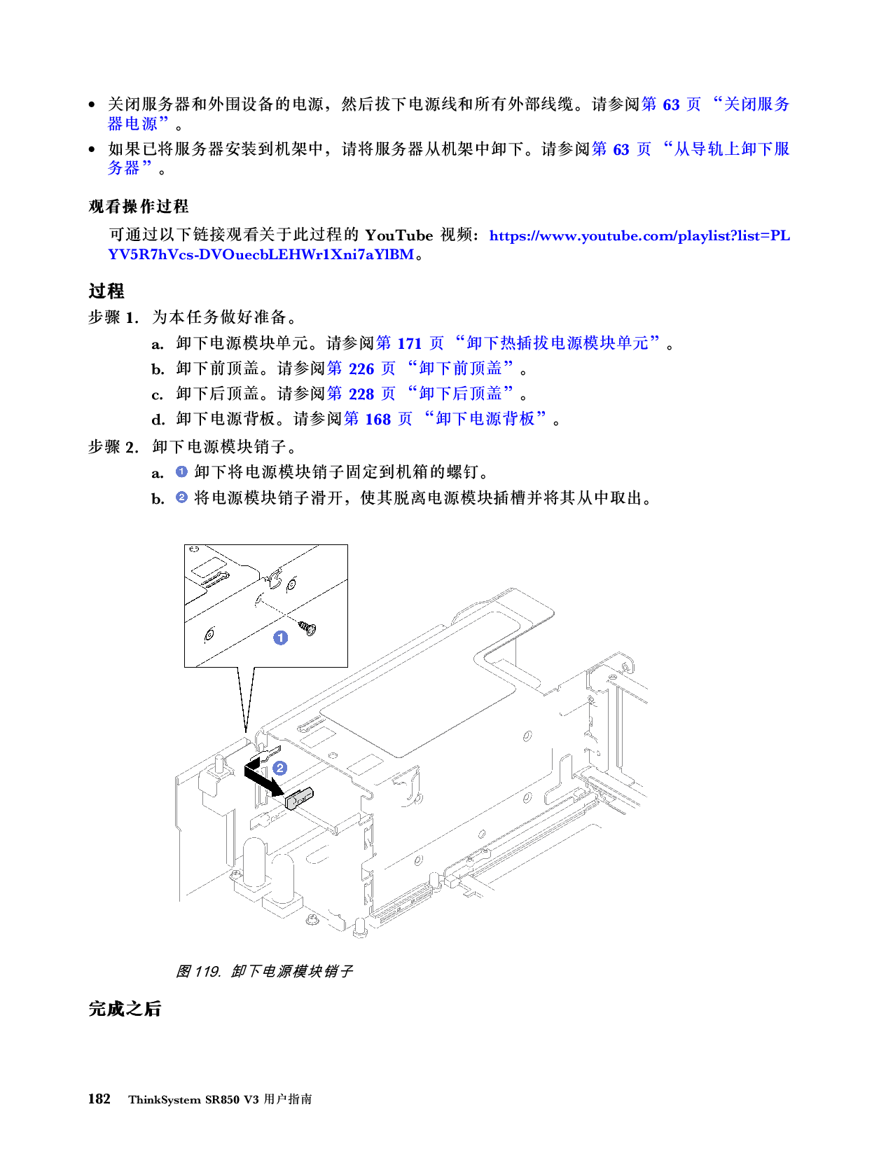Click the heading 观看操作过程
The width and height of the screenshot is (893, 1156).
pyautogui.click(x=139, y=207)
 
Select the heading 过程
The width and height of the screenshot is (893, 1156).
pyautogui.click(x=106, y=291)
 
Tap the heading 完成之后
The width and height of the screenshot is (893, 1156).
pyautogui.click(x=125, y=1009)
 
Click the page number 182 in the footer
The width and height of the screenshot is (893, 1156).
pyautogui.click(x=99, y=1099)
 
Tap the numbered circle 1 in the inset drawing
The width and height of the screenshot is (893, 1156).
pyautogui.click(x=280, y=638)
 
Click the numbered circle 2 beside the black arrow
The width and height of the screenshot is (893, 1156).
pyautogui.click(x=279, y=768)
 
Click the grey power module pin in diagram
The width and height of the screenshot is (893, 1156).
pyautogui.click(x=300, y=798)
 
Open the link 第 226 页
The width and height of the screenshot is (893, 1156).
pyautogui.click(x=361, y=369)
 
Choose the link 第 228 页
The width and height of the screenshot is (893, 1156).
pyautogui.click(x=361, y=394)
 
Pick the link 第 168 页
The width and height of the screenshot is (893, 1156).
pyautogui.click(x=378, y=419)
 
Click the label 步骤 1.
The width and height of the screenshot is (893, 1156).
pyautogui.click(x=113, y=317)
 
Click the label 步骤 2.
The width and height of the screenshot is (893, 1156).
pyautogui.click(x=113, y=447)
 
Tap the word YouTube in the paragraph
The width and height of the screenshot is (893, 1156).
pyautogui.click(x=399, y=235)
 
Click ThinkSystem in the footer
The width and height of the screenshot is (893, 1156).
pyautogui.click(x=164, y=1099)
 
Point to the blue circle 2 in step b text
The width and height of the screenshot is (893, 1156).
pyautogui.click(x=181, y=497)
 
